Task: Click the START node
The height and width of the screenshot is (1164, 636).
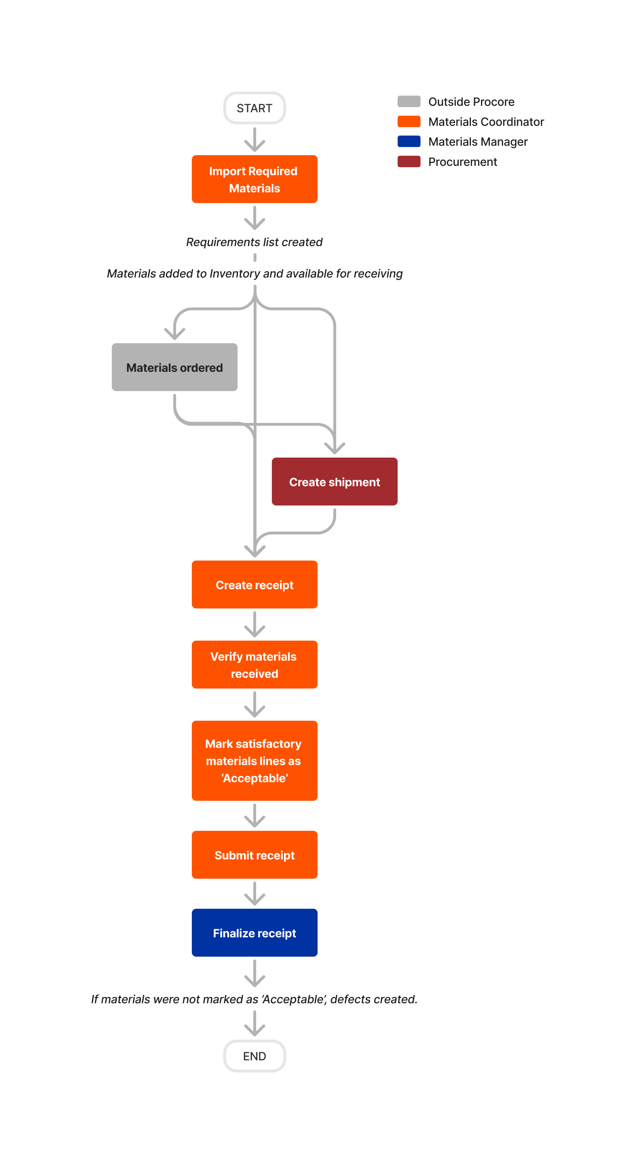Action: tap(254, 108)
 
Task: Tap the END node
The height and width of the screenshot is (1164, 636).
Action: tap(254, 1056)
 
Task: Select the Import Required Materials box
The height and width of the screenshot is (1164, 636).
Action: tap(254, 179)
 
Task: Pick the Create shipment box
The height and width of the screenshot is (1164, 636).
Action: tap(334, 481)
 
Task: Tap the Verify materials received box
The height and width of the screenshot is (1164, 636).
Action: tap(254, 664)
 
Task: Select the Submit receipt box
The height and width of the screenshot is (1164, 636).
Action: tap(254, 854)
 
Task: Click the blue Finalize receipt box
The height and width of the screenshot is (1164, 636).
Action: tap(254, 932)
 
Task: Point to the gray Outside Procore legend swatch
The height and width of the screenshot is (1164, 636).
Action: tap(409, 101)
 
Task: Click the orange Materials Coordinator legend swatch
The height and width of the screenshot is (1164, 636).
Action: tap(409, 122)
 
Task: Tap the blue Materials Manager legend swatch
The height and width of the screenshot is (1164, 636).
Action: tap(409, 142)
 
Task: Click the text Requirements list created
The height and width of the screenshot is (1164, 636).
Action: tap(254, 242)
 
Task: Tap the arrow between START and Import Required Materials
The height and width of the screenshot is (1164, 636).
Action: tap(254, 140)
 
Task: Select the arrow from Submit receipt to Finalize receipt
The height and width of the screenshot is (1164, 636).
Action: tap(254, 893)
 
